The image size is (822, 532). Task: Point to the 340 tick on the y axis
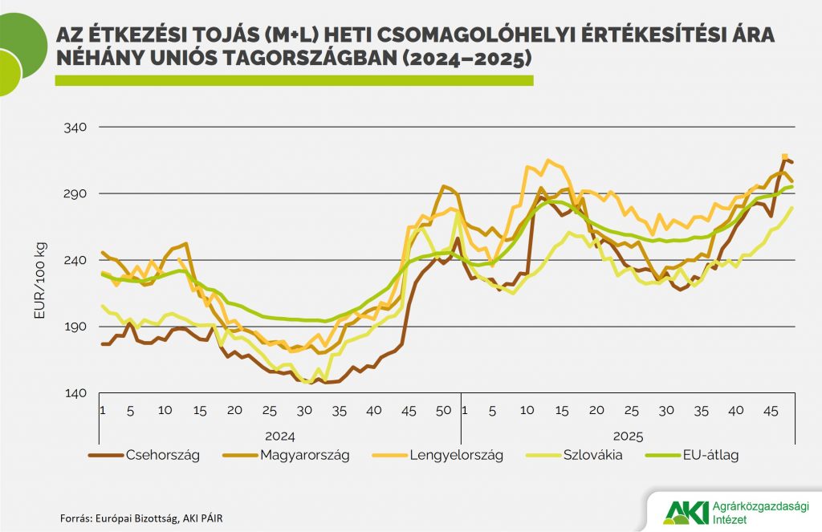tap(75, 128)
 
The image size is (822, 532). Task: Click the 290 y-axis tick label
tap(75, 194)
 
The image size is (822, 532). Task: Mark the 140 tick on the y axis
tap(75, 393)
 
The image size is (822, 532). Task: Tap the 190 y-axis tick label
tap(75, 327)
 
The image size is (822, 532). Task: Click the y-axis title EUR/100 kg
tap(39, 280)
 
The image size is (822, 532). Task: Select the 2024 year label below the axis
tap(279, 437)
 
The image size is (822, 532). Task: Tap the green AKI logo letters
tap(682, 511)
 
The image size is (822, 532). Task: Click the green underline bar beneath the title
tap(293, 80)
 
